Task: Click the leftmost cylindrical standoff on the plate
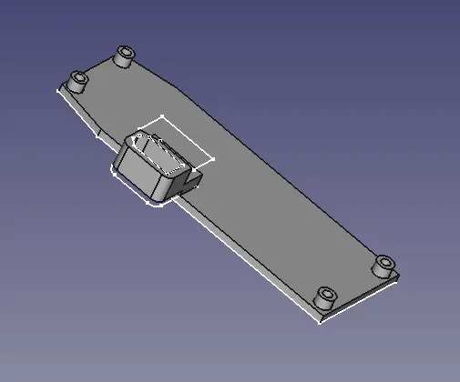[79, 82]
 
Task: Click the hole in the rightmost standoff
[385, 263]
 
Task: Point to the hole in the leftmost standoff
[79, 78]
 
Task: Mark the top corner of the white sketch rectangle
[162, 116]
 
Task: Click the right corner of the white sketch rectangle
[214, 160]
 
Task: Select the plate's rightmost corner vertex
[399, 276]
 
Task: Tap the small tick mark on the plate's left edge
[97, 133]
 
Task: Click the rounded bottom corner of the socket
[157, 202]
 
